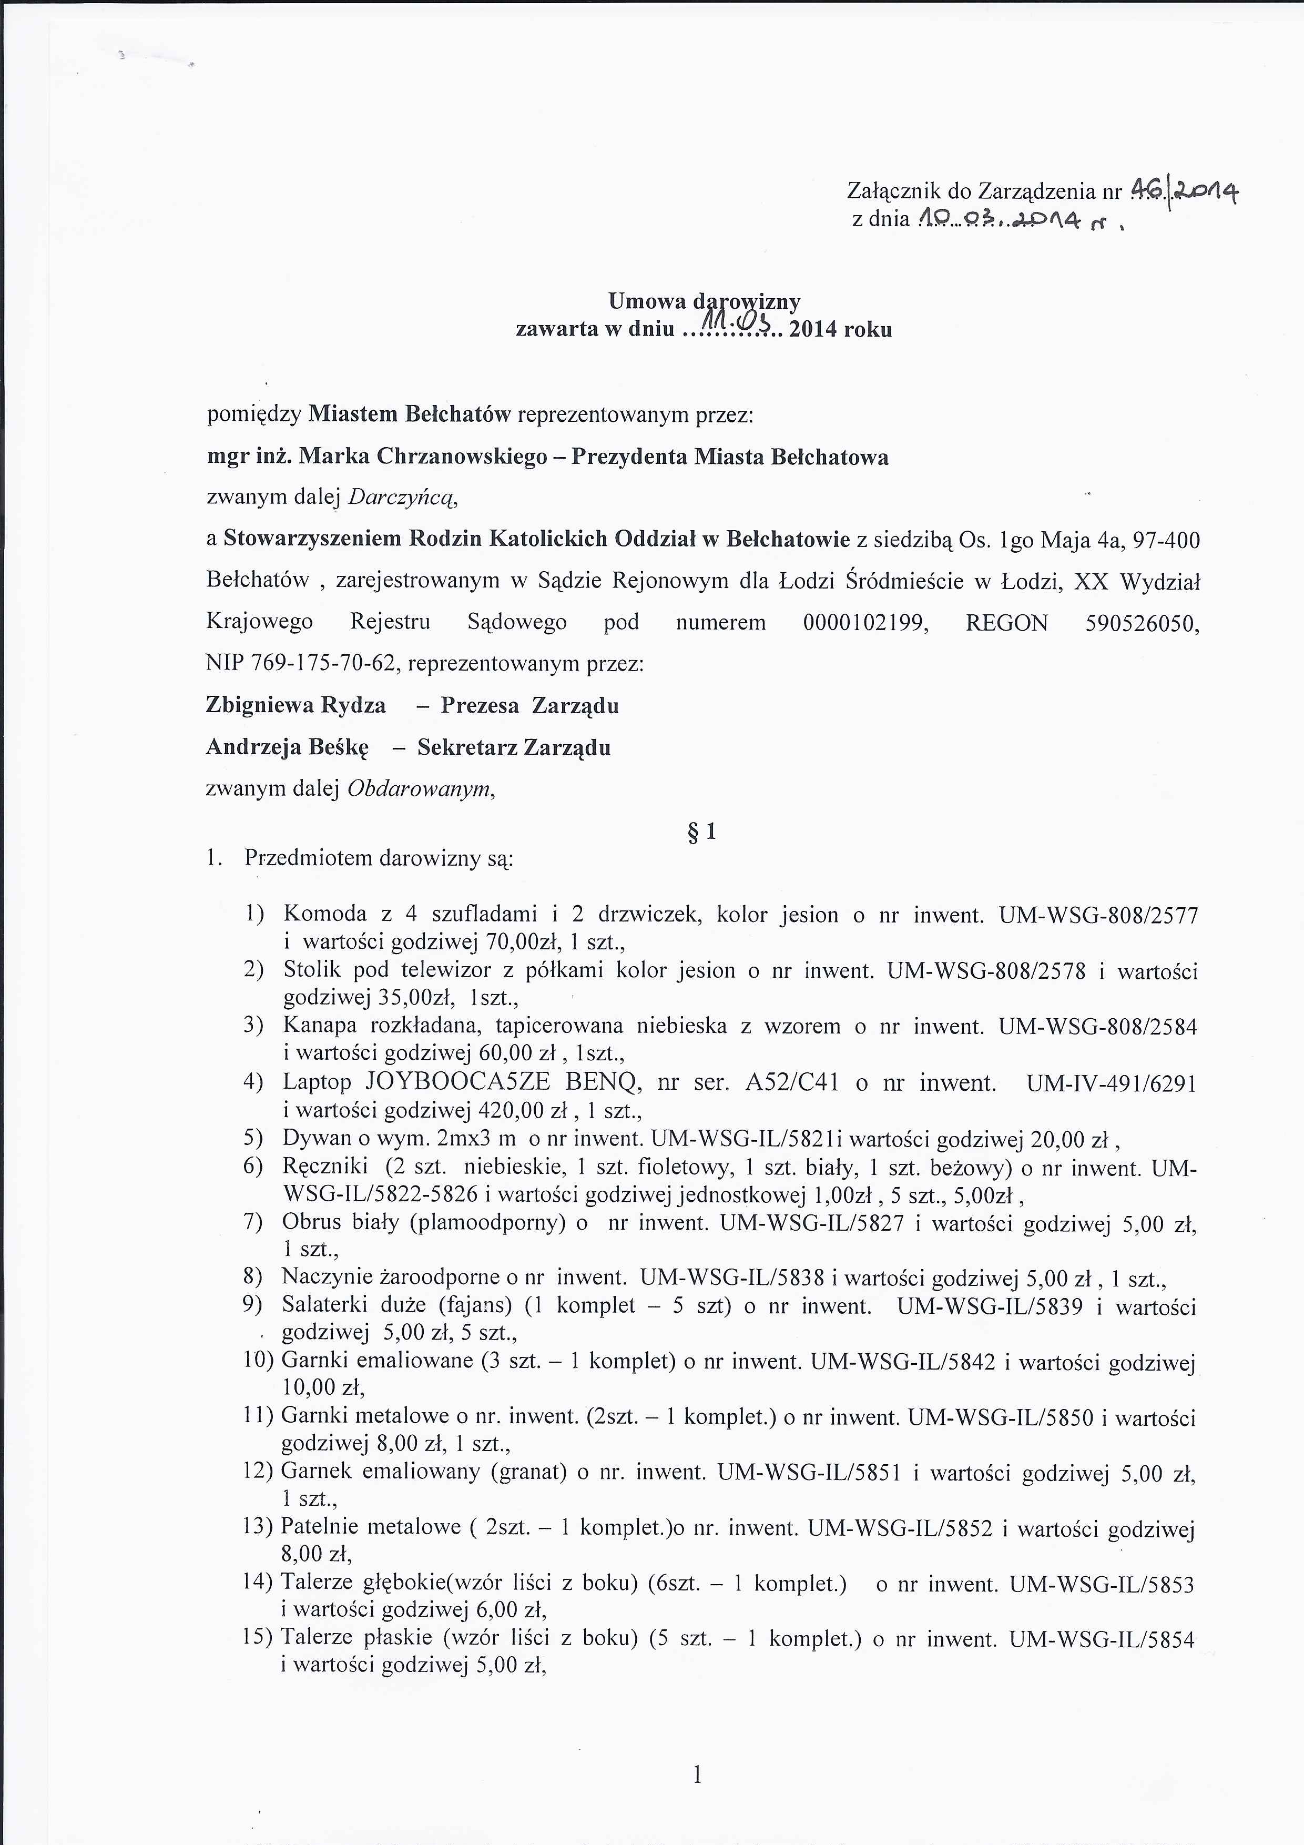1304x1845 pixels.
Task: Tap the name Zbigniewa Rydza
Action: (x=296, y=705)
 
